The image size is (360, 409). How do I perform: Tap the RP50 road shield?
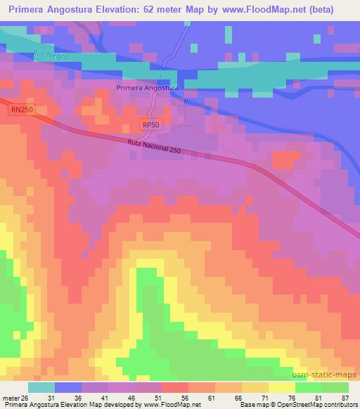click(150, 124)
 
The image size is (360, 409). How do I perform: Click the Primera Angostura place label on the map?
click(147, 88)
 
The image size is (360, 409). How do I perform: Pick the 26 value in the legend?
click(26, 397)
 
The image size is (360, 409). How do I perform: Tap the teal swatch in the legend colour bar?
click(41, 387)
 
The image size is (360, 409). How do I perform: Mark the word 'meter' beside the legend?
click(11, 397)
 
